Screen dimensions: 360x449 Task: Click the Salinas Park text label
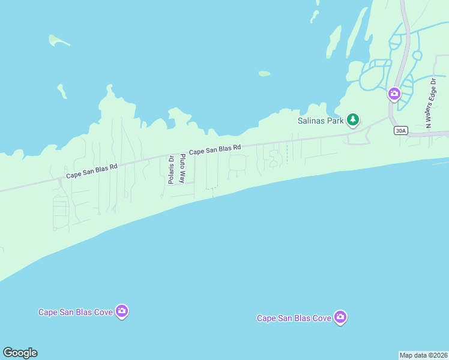(321, 121)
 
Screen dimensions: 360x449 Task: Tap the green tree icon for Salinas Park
(354, 120)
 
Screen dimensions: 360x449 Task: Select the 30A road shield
(400, 130)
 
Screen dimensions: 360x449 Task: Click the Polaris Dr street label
(171, 170)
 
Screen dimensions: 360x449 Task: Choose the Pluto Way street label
(182, 169)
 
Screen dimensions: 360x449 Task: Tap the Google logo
(20, 353)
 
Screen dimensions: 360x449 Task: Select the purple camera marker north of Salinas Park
(394, 93)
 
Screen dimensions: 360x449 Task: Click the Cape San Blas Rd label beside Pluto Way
(215, 149)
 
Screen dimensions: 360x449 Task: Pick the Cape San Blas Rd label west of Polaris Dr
(91, 172)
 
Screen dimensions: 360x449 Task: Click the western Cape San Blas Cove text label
(76, 312)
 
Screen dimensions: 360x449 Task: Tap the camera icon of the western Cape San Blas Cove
(122, 311)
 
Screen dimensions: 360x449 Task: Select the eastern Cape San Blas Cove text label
(294, 318)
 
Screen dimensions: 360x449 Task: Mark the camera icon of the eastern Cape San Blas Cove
(340, 317)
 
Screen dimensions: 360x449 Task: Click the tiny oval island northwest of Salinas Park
(264, 74)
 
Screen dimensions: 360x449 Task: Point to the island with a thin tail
(57, 40)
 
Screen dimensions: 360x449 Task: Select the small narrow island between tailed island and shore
(61, 91)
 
